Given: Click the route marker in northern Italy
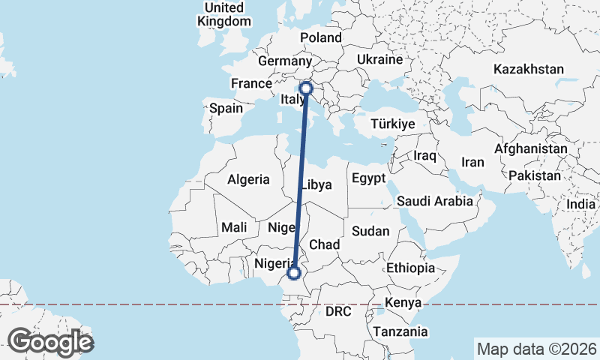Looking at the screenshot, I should (x=306, y=88).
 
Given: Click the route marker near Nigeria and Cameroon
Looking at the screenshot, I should (x=295, y=274).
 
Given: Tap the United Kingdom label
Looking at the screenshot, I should (x=224, y=14).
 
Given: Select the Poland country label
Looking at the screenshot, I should (x=320, y=37).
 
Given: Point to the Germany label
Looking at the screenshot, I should (x=284, y=61).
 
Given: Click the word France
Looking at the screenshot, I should (x=250, y=83).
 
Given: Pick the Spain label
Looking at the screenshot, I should (x=226, y=108).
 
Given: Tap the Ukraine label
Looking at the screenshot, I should (x=379, y=59).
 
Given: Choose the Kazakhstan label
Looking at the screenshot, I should (x=529, y=69).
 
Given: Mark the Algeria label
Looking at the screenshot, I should (x=248, y=179).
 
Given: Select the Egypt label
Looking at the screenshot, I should (x=367, y=178).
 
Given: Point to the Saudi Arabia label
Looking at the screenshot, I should (x=435, y=201).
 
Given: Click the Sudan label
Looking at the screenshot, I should (x=370, y=231).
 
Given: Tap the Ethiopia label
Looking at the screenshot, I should (x=410, y=268).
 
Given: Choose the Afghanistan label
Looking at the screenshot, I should (x=530, y=148).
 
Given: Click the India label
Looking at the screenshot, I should (x=581, y=204).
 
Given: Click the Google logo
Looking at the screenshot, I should (x=51, y=342).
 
